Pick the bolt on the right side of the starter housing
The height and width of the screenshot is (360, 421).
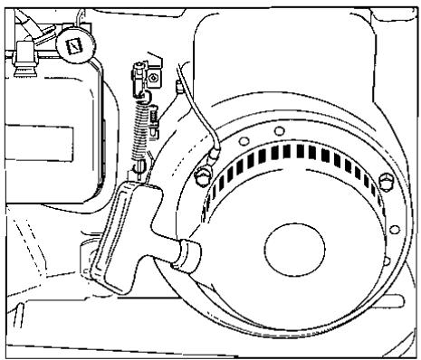[x=388, y=174]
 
